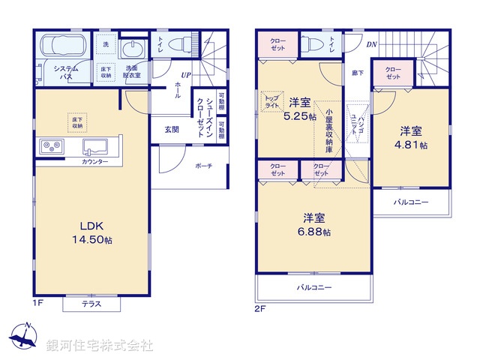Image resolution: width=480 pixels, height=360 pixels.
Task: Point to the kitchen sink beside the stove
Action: point(96,145)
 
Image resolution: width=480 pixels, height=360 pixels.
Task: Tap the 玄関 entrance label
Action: point(172,129)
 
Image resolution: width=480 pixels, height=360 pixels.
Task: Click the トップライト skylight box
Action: point(271,101)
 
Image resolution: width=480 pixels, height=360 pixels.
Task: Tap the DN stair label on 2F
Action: point(372,44)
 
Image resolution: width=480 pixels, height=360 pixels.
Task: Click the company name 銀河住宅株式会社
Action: point(100,345)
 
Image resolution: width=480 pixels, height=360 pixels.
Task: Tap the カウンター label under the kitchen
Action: point(95,162)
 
